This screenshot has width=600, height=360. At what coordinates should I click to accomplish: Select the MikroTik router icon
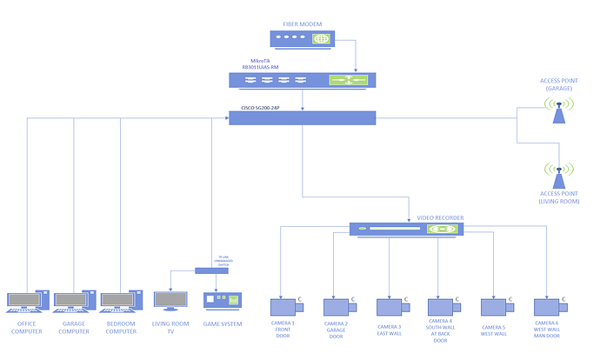tap(302, 80)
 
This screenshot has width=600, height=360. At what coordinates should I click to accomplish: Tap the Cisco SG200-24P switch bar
tap(302, 117)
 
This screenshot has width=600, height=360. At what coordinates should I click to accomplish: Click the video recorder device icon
tap(406, 229)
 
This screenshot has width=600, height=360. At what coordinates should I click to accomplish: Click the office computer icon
tap(25, 301)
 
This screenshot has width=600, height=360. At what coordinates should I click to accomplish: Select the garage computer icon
tap(72, 301)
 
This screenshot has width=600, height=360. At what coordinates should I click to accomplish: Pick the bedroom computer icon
tap(119, 301)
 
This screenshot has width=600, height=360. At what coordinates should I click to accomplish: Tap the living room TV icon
tap(170, 300)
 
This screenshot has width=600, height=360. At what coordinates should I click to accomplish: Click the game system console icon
tap(220, 300)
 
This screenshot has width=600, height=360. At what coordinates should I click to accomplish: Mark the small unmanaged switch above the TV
tap(211, 270)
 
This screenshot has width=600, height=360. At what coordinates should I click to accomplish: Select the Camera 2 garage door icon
tap(337, 306)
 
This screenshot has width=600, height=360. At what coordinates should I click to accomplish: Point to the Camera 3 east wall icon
tap(389, 306)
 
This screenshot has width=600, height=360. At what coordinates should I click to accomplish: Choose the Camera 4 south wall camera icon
tap(440, 306)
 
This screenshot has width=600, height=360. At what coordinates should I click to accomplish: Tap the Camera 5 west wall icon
tap(493, 306)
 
